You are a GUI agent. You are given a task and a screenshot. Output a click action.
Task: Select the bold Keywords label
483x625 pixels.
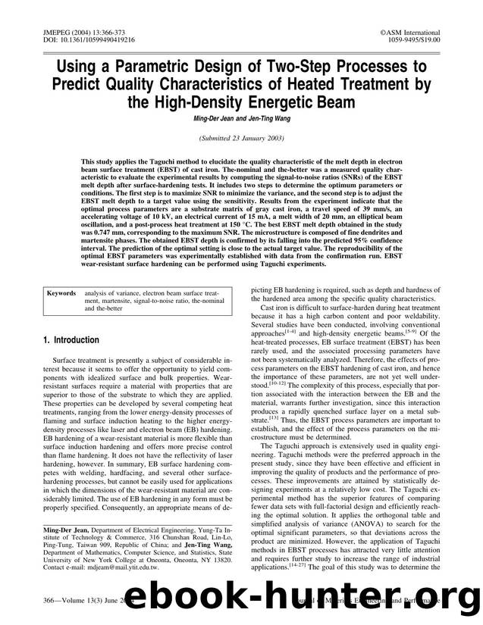61,291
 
